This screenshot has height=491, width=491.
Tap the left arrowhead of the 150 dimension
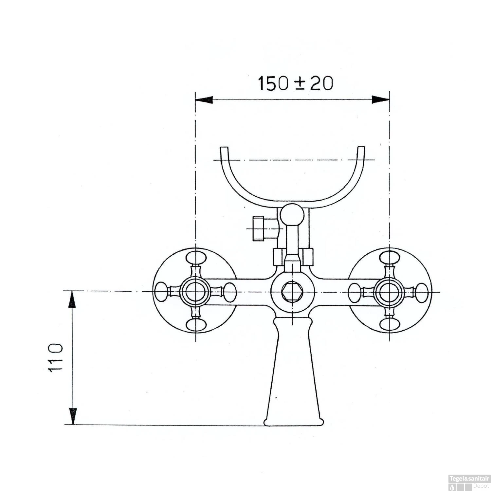point(204,100)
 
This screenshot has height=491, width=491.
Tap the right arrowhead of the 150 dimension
point(381,100)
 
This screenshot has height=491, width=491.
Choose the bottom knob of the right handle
point(389,325)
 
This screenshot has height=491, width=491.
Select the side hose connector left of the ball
point(261,228)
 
